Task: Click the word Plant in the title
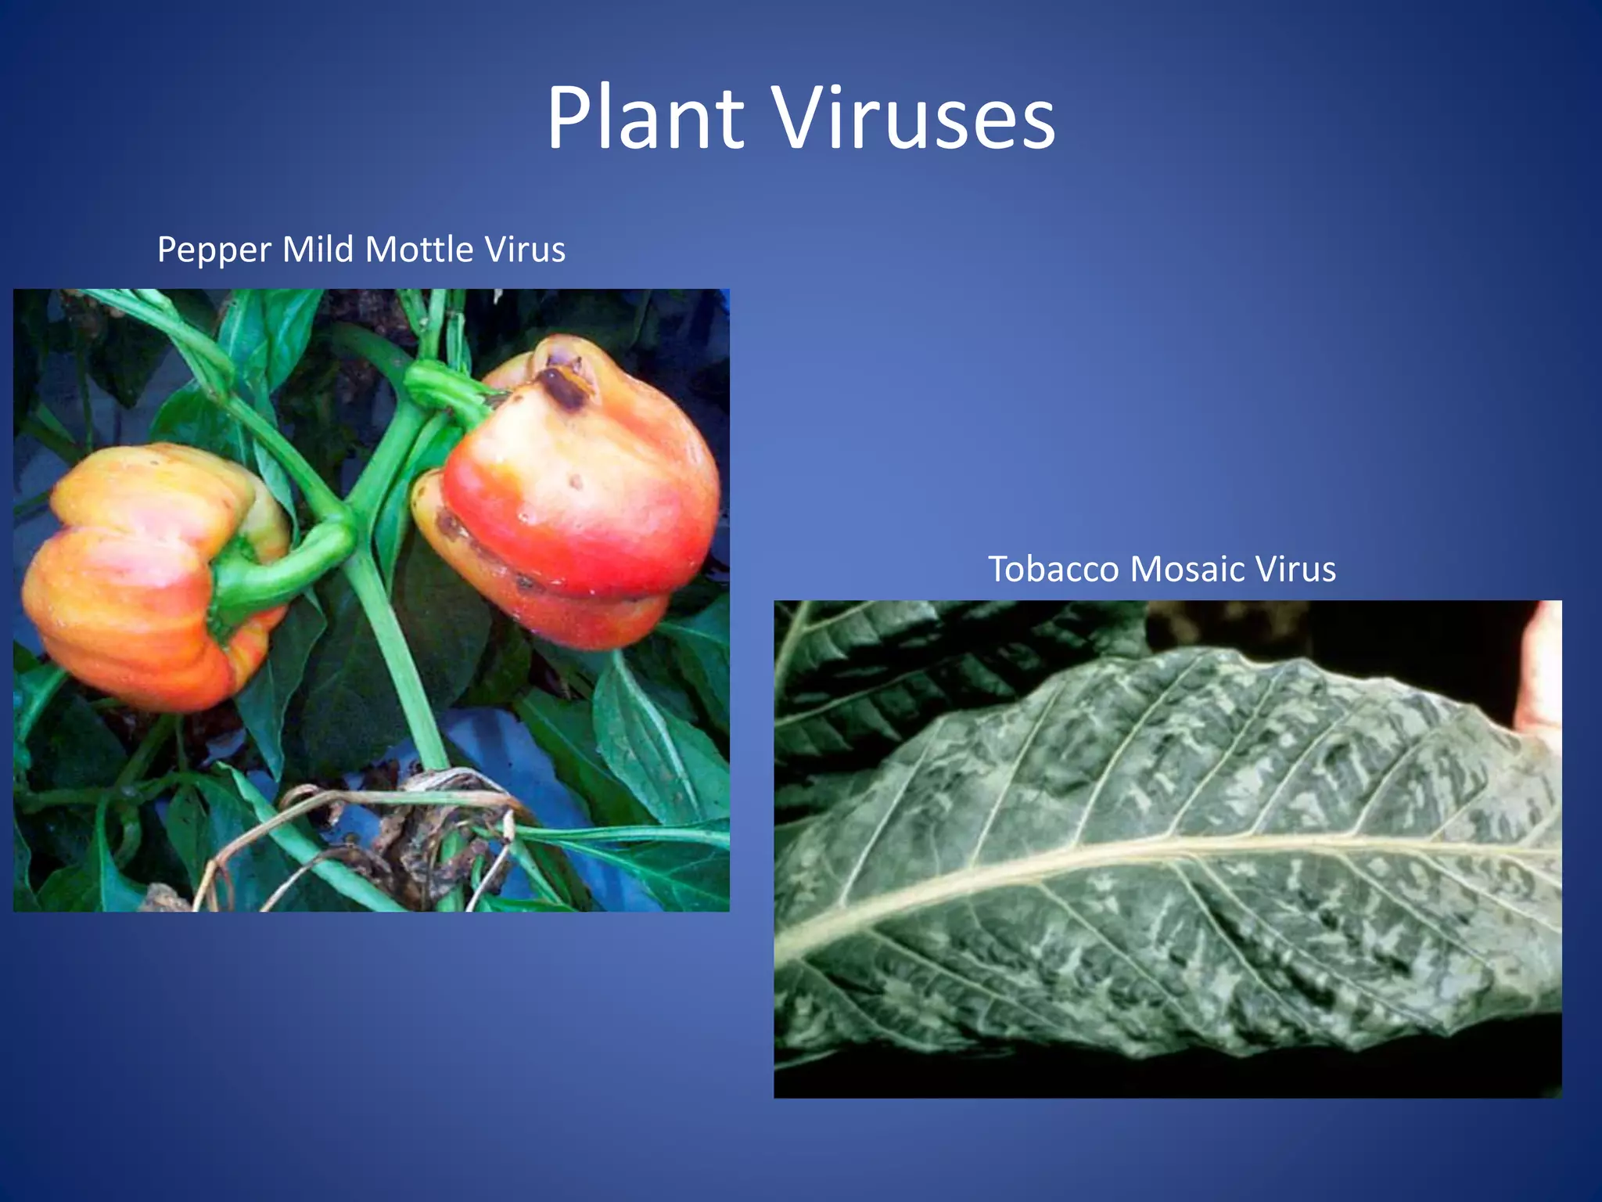645,119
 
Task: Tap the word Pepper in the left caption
214,251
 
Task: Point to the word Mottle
419,250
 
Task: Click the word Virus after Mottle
525,250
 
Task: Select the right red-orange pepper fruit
579,501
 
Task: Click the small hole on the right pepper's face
577,483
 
